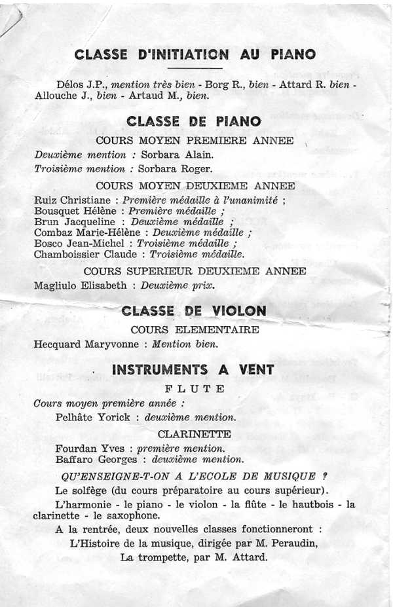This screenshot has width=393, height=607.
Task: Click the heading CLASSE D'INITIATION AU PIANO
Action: click(195, 54)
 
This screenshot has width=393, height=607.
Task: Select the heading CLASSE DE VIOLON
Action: click(194, 311)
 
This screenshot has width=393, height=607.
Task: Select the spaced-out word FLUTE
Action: click(194, 389)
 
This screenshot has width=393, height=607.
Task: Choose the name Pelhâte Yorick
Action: click(96, 417)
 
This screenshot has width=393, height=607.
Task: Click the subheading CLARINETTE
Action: click(194, 433)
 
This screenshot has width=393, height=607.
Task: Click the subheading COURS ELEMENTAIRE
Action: click(195, 330)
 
